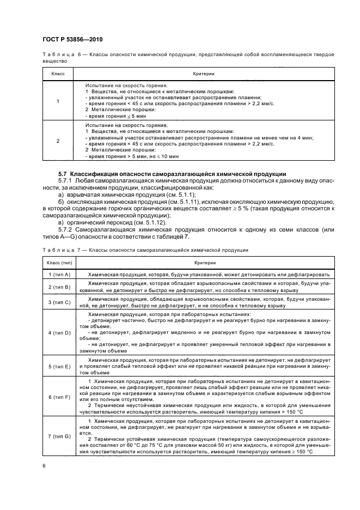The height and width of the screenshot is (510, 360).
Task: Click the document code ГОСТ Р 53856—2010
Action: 72,40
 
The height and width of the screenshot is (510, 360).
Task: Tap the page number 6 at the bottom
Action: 44,465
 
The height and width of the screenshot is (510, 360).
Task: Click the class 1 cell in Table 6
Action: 58,101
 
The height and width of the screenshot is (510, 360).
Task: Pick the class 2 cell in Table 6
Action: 58,141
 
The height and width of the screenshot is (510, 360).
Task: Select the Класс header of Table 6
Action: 58,73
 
